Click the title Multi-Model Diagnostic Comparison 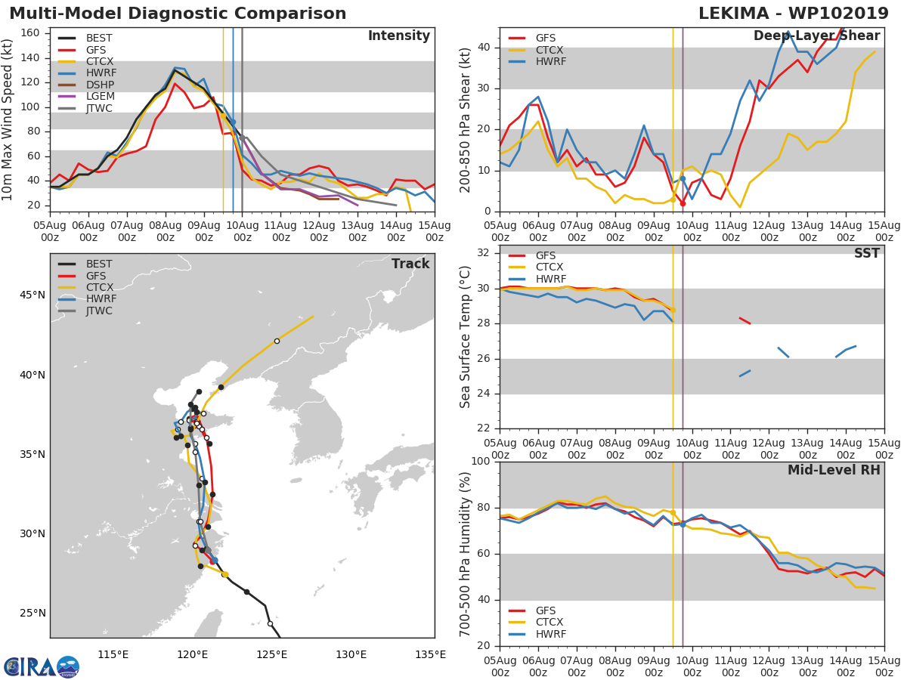(x=178, y=14)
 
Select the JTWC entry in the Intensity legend (x=99, y=109)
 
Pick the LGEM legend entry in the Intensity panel (x=99, y=97)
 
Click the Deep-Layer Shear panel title (x=816, y=36)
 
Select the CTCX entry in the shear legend (x=550, y=50)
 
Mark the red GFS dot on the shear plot (x=683, y=203)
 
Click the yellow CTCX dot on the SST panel (x=673, y=310)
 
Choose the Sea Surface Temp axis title (x=466, y=337)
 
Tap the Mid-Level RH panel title (x=834, y=471)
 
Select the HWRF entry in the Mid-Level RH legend (x=550, y=635)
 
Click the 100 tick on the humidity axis (x=481, y=462)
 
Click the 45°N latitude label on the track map (x=33, y=295)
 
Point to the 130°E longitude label (x=351, y=654)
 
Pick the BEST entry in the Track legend (x=99, y=264)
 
